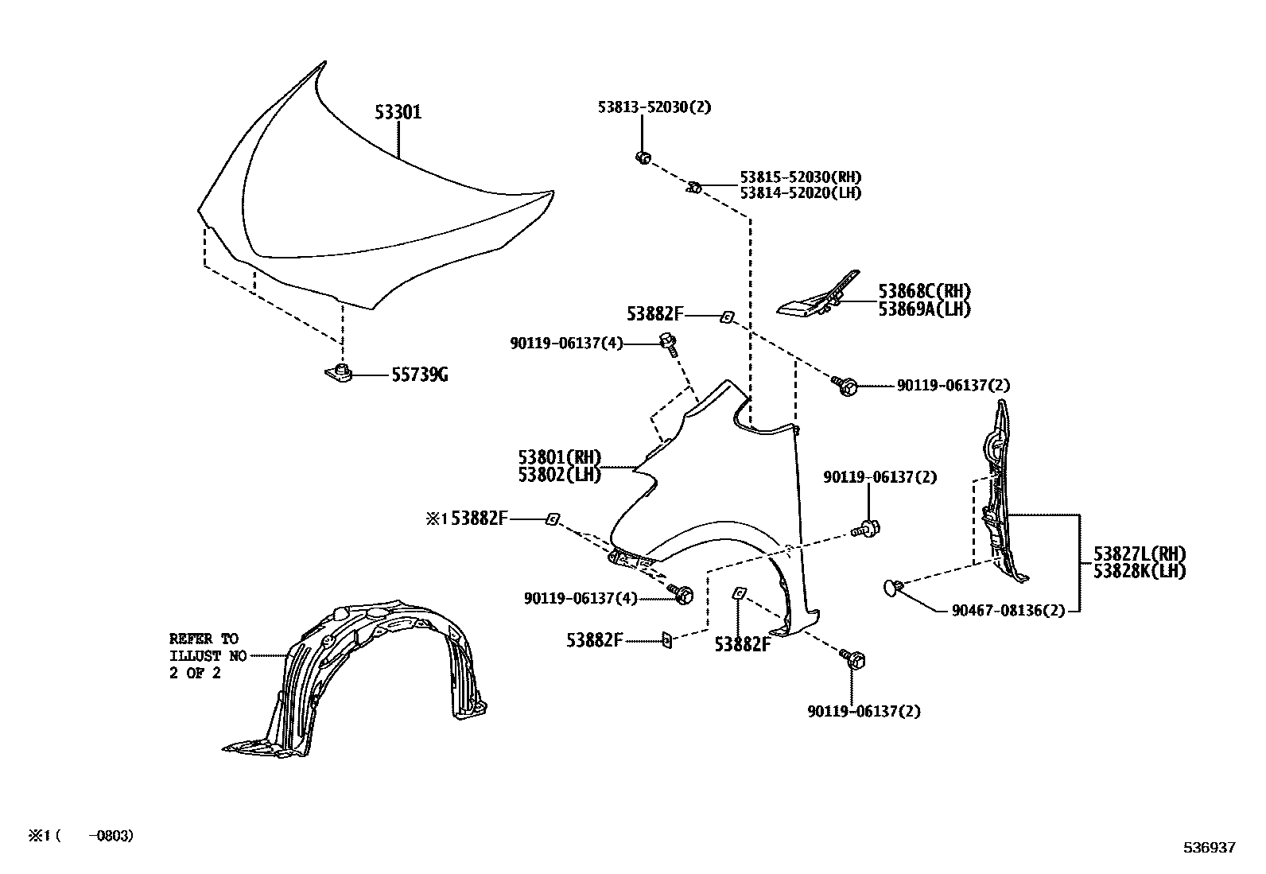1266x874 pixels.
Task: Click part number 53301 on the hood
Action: pos(398,112)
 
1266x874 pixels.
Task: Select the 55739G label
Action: pos(419,375)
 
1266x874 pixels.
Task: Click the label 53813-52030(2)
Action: pos(654,107)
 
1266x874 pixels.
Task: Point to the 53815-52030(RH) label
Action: pos(800,177)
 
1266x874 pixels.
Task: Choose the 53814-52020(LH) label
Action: pos(800,192)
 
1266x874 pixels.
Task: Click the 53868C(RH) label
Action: pos(924,292)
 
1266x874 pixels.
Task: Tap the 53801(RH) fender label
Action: pos(559,457)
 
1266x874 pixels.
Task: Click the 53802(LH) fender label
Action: pos(559,474)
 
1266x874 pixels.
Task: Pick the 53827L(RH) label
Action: pos(1139,554)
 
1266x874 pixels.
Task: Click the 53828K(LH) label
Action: pos(1139,571)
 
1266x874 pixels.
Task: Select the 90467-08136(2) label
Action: pos(1008,611)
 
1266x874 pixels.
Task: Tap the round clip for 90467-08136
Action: pos(892,588)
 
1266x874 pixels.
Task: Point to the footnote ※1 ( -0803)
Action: pos(81,836)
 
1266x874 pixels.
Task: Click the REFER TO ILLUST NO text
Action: pos(204,655)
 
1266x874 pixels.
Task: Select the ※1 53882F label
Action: pos(466,519)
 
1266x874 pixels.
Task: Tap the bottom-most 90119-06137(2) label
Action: pos(864,711)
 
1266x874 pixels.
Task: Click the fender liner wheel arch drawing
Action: pos(358,676)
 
